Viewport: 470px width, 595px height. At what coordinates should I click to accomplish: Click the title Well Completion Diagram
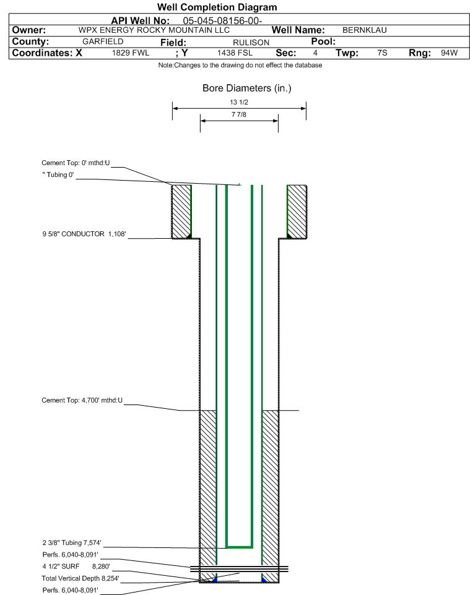[x=217, y=7]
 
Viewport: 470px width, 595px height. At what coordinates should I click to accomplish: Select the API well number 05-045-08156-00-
[x=223, y=21]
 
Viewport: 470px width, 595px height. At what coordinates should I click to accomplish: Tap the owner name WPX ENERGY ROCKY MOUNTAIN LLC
[x=154, y=30]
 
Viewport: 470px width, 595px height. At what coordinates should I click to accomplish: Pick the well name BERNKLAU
[x=364, y=30]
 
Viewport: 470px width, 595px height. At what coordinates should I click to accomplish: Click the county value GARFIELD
[x=103, y=41]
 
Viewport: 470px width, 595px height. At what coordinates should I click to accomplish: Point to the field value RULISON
[x=251, y=43]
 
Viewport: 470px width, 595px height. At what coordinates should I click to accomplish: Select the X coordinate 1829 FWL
[x=131, y=53]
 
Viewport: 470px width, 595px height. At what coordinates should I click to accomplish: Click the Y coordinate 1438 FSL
[x=235, y=53]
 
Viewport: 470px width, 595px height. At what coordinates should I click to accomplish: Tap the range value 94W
[x=449, y=53]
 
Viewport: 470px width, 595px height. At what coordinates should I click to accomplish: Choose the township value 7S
[x=382, y=53]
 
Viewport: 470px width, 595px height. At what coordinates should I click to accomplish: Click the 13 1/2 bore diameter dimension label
[x=239, y=102]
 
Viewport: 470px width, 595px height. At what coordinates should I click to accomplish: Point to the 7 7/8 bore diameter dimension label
[x=239, y=114]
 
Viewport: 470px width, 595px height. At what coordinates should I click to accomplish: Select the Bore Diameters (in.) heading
[x=247, y=88]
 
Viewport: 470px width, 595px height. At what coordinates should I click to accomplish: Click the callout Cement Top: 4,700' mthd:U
[x=82, y=400]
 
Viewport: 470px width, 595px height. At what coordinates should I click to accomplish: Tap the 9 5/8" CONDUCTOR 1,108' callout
[x=84, y=234]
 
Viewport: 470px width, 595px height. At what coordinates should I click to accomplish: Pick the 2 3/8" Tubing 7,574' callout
[x=72, y=542]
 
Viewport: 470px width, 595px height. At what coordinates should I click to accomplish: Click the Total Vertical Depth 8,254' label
[x=81, y=578]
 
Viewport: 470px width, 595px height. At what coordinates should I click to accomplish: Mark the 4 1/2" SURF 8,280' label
[x=76, y=567]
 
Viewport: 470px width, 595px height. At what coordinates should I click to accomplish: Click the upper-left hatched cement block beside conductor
[x=181, y=212]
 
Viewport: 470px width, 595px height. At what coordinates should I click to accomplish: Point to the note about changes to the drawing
[x=240, y=66]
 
